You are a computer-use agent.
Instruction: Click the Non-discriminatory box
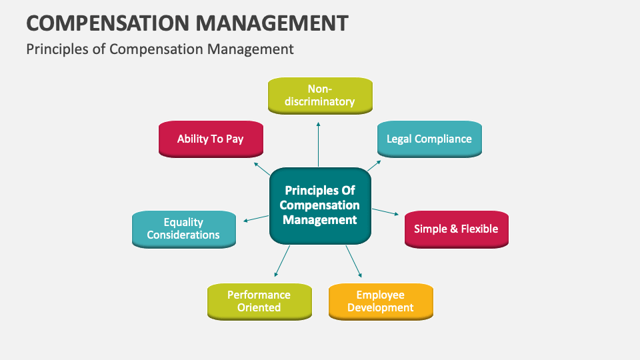(x=320, y=95)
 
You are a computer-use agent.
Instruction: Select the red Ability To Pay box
(x=211, y=139)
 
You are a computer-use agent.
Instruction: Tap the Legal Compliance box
(x=429, y=139)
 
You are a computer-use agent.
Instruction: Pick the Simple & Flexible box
(x=456, y=229)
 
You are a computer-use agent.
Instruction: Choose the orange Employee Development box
(x=381, y=301)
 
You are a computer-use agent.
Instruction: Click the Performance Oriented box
(x=259, y=301)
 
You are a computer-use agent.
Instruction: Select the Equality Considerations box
(x=183, y=229)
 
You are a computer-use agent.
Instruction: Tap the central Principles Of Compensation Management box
(x=320, y=205)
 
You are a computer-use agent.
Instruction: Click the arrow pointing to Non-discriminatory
(x=319, y=143)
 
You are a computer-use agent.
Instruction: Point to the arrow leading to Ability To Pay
(x=261, y=167)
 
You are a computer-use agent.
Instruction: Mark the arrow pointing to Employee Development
(x=353, y=261)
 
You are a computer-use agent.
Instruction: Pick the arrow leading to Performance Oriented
(x=282, y=261)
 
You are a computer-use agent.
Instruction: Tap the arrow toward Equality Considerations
(x=255, y=218)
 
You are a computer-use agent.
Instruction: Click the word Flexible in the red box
(x=480, y=229)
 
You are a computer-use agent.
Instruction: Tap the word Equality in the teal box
(x=183, y=222)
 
